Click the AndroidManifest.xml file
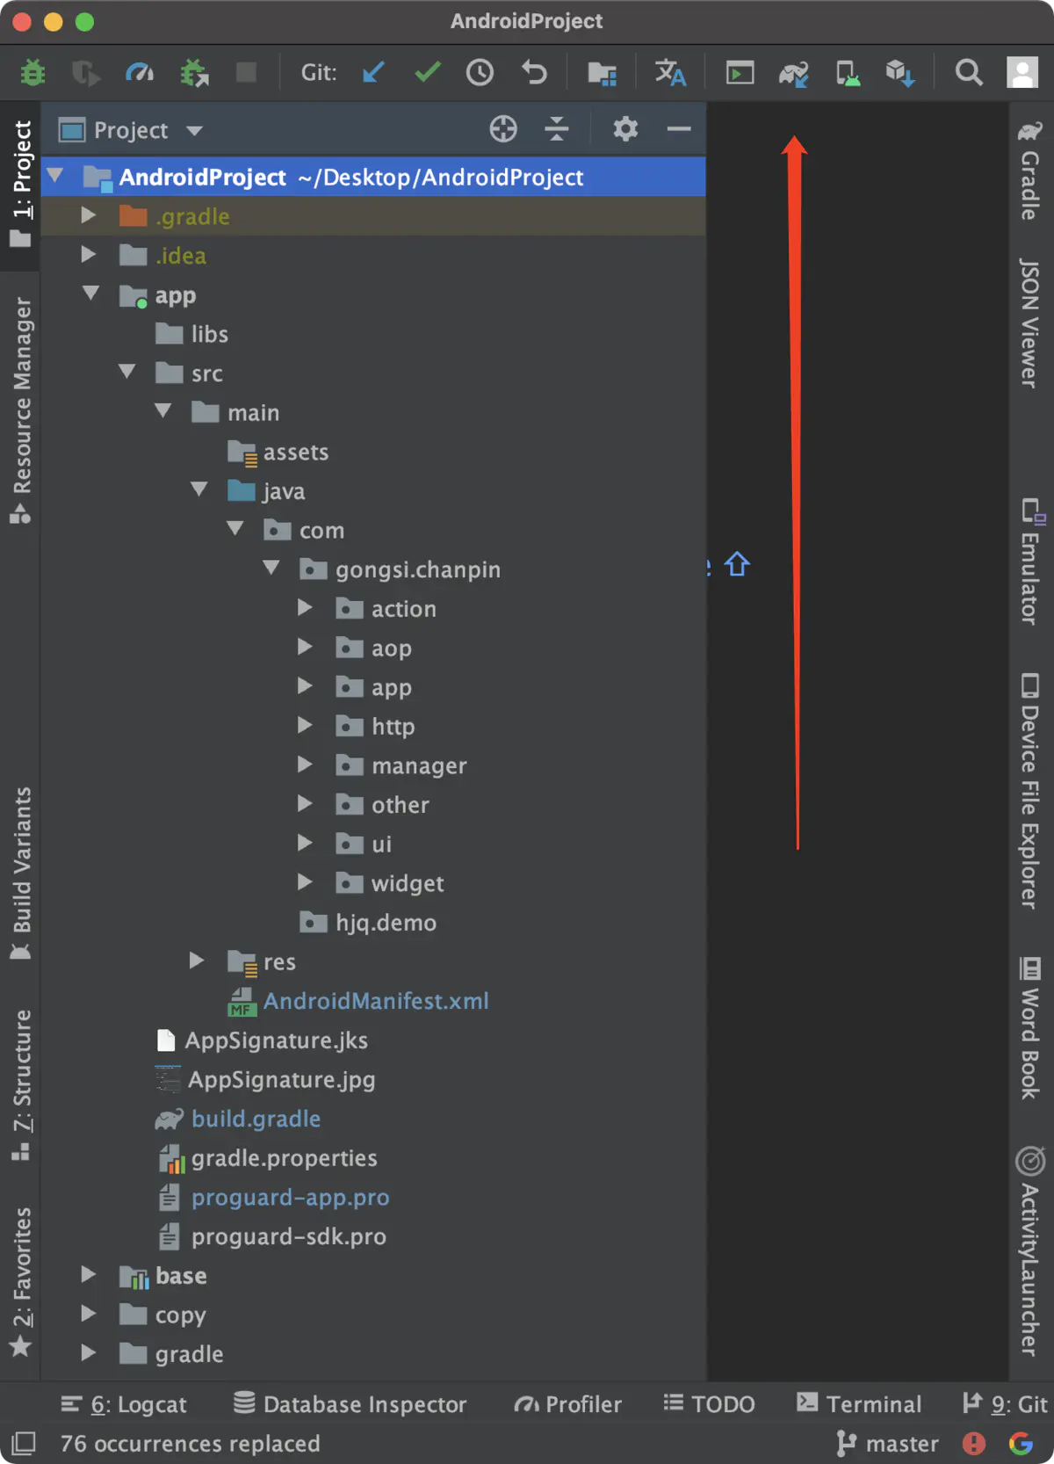[376, 1001]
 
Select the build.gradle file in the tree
[256, 1119]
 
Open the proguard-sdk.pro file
[288, 1236]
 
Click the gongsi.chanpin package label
[417, 569]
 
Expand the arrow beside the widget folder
[305, 882]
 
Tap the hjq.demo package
[386, 922]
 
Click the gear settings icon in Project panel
[624, 129]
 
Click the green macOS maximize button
[84, 22]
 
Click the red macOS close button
[22, 22]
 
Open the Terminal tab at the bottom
[859, 1403]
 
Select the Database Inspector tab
[350, 1403]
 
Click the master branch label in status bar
[902, 1443]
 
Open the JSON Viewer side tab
[1029, 323]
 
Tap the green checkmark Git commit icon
[428, 72]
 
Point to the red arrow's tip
[794, 136]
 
